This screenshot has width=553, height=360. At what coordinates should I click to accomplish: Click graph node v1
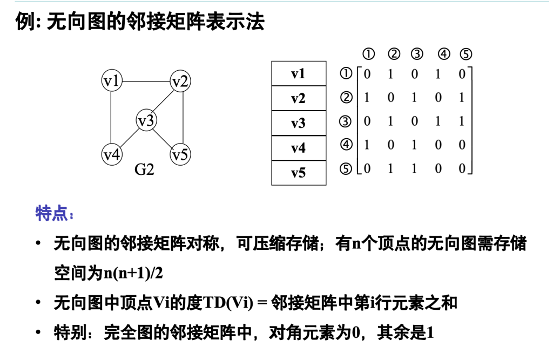[112, 81]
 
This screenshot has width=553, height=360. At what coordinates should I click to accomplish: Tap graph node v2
[180, 81]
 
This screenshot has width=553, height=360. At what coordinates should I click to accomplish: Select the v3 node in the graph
[146, 120]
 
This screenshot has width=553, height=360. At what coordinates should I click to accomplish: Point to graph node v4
[112, 155]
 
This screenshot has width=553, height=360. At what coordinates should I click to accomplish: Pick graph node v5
[180, 155]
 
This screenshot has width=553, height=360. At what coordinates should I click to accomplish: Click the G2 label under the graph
[144, 170]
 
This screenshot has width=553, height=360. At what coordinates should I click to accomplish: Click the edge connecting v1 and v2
[146, 81]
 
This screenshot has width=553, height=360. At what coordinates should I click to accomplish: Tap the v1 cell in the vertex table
[298, 73]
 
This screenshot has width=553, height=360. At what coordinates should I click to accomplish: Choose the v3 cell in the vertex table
[298, 123]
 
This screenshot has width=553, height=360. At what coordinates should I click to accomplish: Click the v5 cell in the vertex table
[298, 173]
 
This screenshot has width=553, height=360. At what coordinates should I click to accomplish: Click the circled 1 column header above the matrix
[368, 54]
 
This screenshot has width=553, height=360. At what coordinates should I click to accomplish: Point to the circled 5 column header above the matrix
[466, 54]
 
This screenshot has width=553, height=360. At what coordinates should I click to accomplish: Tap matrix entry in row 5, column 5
[462, 168]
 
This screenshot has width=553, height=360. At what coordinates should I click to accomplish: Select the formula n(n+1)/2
[133, 273]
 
